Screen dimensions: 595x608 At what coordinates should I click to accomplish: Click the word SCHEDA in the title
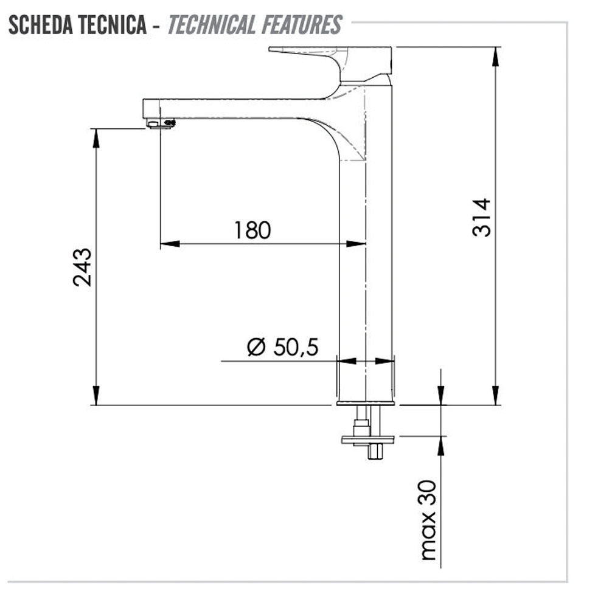coord(40,25)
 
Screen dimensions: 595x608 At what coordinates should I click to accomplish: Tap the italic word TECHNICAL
coord(212,25)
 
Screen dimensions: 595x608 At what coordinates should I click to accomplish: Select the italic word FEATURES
coord(302,25)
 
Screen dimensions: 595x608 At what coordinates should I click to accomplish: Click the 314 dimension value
coord(481,218)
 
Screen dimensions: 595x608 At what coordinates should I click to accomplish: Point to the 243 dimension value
coord(82,267)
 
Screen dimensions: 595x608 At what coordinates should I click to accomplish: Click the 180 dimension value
coord(252,230)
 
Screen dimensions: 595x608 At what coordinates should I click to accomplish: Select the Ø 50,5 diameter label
coord(283,347)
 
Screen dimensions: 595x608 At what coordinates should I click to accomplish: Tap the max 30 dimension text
coord(428,520)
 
